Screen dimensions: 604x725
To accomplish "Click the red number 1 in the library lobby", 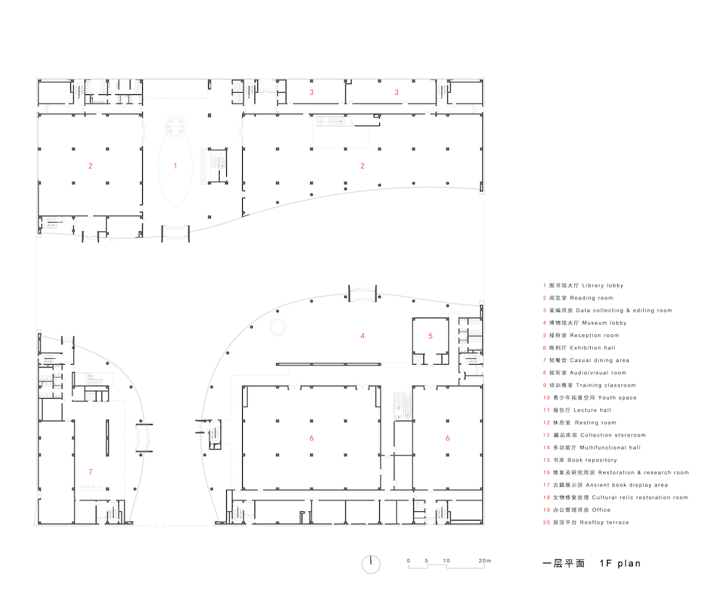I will click(x=175, y=166).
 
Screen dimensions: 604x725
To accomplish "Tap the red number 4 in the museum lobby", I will click(x=362, y=336).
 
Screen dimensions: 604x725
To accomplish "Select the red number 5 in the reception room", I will click(x=430, y=336).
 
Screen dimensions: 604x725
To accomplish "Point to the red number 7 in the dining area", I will click(x=91, y=472).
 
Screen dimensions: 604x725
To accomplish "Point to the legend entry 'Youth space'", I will click(x=589, y=398).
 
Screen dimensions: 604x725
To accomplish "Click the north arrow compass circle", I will click(x=370, y=564).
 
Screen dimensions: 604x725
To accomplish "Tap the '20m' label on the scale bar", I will click(x=484, y=560).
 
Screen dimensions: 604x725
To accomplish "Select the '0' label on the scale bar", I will click(x=408, y=560).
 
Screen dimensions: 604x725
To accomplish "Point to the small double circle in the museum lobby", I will click(x=277, y=328).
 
